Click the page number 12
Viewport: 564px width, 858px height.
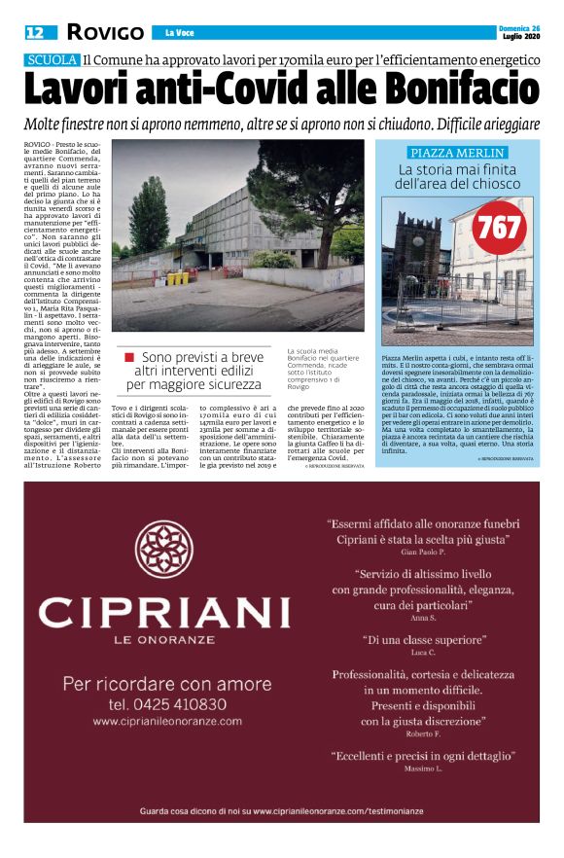click(34, 32)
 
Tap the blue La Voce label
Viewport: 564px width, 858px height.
click(180, 32)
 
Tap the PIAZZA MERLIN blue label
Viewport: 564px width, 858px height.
click(457, 153)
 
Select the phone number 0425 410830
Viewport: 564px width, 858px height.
click(168, 703)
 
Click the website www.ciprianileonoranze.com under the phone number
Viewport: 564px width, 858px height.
click(167, 722)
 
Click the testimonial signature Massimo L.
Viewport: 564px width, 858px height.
click(423, 769)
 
